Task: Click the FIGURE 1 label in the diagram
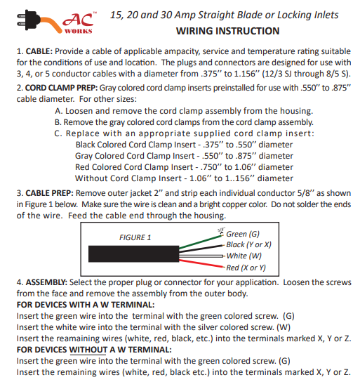[135, 237]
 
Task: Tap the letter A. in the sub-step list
[58, 111]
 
